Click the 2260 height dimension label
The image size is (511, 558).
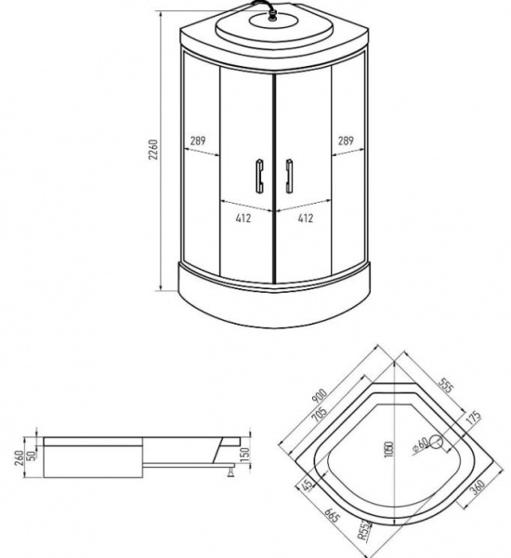[154, 153]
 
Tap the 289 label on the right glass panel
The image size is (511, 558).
[344, 140]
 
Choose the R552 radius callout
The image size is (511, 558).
[365, 530]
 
